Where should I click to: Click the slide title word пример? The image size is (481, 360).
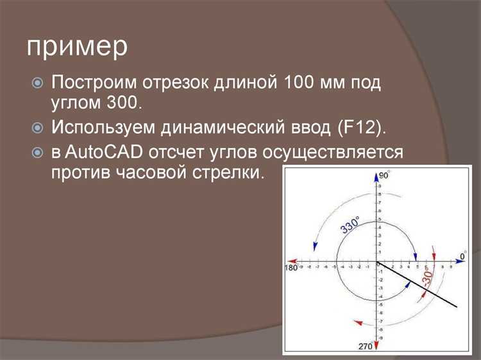77,48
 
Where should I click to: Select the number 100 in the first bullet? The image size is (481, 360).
299,83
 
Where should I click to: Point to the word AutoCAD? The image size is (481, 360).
105,152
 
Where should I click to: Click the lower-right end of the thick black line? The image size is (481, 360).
457,308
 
